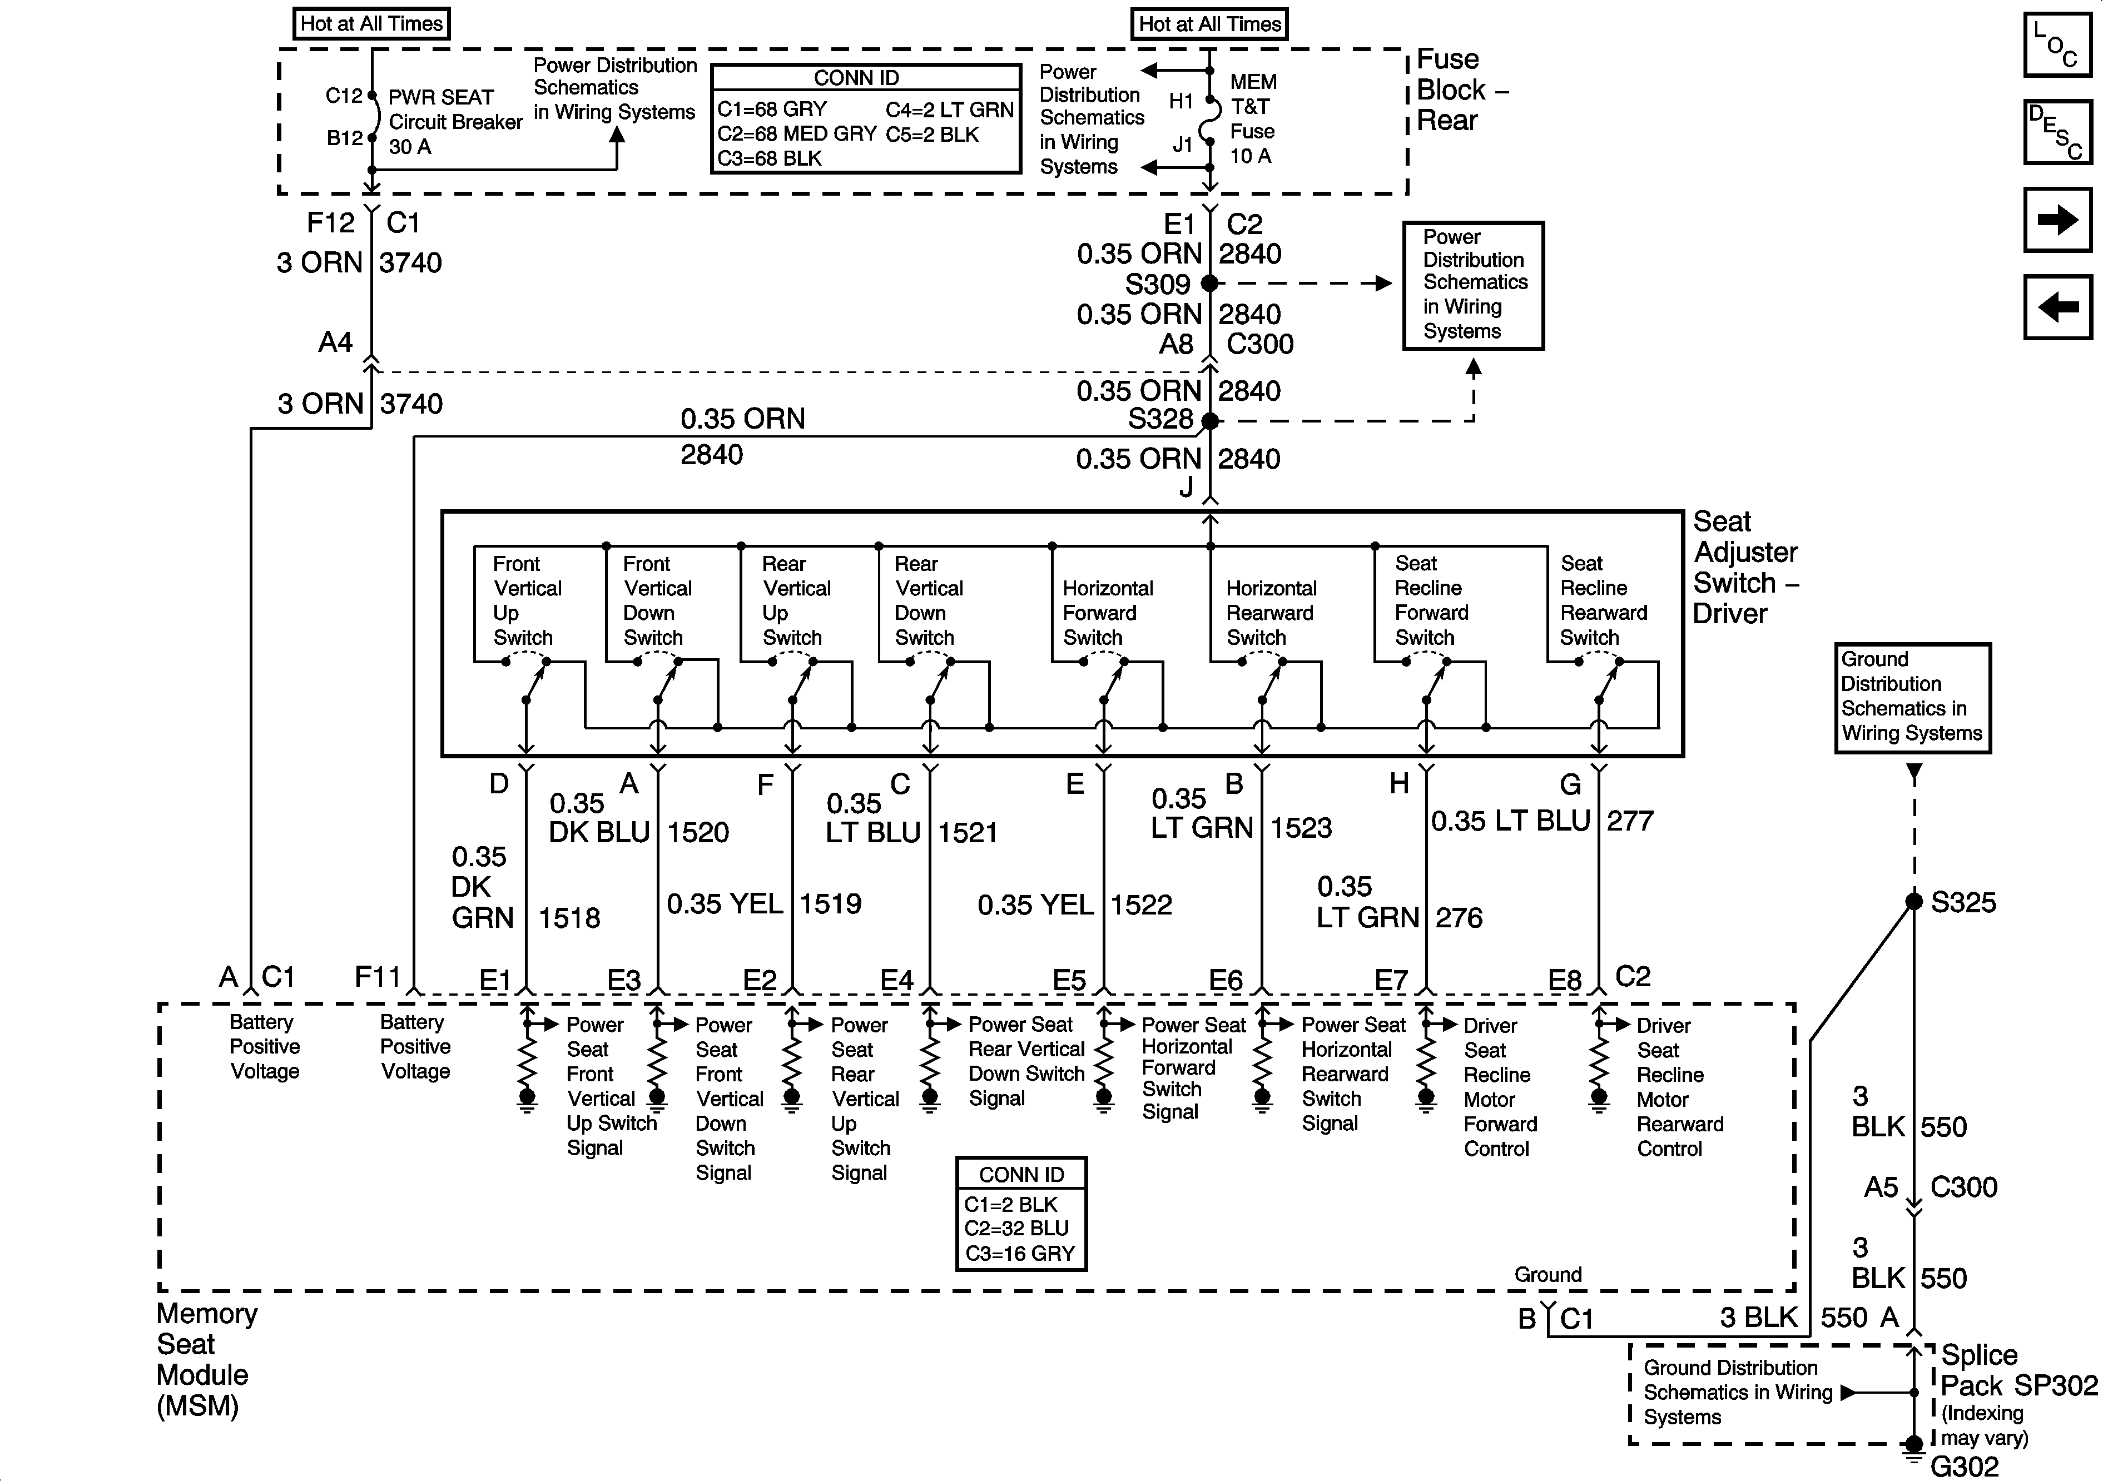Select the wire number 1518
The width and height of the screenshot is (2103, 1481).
(x=569, y=918)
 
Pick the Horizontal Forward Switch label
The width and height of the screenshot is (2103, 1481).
(x=1107, y=613)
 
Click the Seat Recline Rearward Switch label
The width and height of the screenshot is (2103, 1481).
(x=1603, y=601)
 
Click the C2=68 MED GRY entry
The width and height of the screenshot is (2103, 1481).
(x=797, y=134)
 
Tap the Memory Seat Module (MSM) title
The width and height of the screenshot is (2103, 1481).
(x=207, y=1359)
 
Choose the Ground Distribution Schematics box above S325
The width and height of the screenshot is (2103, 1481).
(x=1912, y=697)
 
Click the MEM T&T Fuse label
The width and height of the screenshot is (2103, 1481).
(x=1252, y=119)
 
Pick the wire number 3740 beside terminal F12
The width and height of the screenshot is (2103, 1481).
(x=410, y=263)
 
